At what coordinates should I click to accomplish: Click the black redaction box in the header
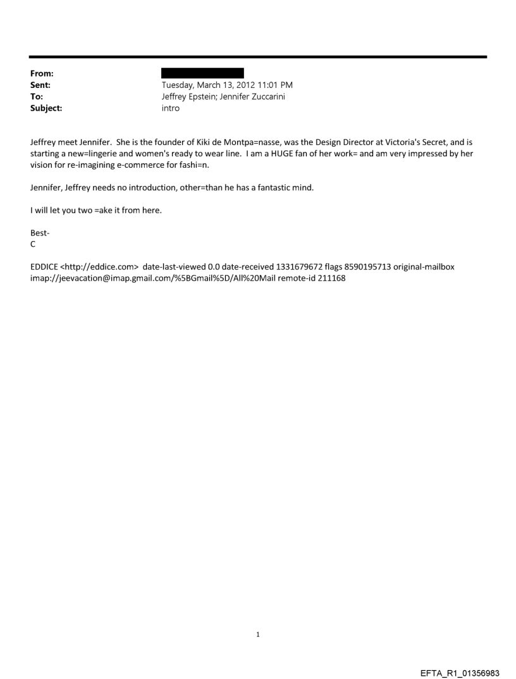click(x=202, y=73)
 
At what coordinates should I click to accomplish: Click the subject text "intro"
click(x=171, y=108)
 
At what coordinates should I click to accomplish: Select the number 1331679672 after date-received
click(x=300, y=266)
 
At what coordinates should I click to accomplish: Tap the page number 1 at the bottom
click(x=258, y=633)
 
